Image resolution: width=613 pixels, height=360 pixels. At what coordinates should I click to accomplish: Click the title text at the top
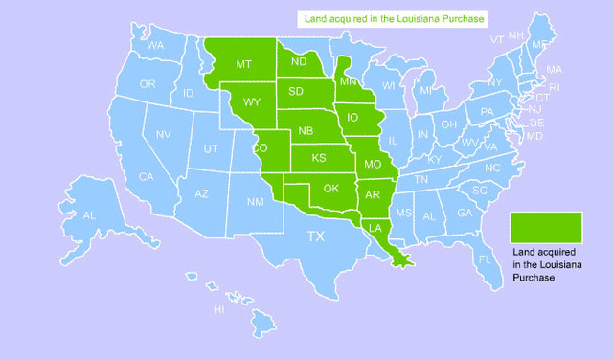pyautogui.click(x=394, y=18)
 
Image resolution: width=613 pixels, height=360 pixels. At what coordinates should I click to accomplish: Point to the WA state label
pyautogui.click(x=155, y=46)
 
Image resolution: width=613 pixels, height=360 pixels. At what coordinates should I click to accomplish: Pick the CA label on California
pyautogui.click(x=147, y=176)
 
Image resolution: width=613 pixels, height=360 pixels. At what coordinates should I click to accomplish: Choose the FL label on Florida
pyautogui.click(x=484, y=259)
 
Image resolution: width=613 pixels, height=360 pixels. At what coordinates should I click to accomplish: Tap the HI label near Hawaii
pyautogui.click(x=218, y=310)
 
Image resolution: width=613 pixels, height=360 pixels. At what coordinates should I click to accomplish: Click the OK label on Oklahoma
pyautogui.click(x=331, y=188)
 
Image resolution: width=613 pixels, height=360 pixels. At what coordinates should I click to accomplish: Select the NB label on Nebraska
pyautogui.click(x=306, y=130)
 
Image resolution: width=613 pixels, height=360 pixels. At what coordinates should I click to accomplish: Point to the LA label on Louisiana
pyautogui.click(x=375, y=227)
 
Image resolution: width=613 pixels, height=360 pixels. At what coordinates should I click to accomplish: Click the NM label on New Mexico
pyautogui.click(x=255, y=202)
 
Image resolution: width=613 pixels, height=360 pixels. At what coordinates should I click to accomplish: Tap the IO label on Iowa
pyautogui.click(x=353, y=119)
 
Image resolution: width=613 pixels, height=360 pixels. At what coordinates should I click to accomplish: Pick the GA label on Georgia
pyautogui.click(x=464, y=213)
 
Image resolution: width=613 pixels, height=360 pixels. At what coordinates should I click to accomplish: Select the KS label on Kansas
pyautogui.click(x=319, y=157)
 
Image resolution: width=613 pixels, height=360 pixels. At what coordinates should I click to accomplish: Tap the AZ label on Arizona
pyautogui.click(x=201, y=194)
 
